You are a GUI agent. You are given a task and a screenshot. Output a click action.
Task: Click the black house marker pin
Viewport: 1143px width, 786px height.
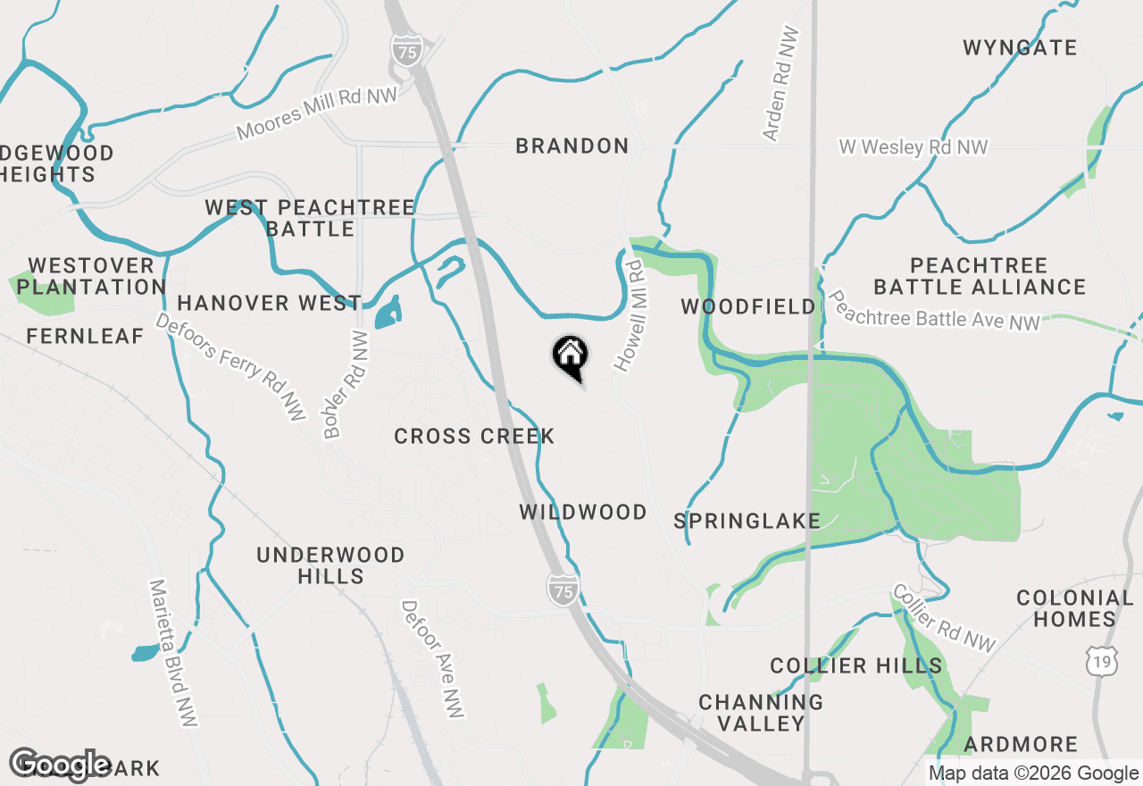(x=570, y=356)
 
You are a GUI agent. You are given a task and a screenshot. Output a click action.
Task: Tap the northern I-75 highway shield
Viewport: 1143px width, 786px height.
(x=406, y=52)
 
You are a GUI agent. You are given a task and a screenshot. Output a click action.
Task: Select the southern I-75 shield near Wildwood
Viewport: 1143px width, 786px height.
(x=563, y=589)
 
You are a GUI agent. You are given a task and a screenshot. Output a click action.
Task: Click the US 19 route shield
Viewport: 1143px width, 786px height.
(x=1101, y=662)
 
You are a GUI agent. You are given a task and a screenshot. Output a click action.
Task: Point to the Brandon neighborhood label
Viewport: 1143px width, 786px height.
(x=572, y=146)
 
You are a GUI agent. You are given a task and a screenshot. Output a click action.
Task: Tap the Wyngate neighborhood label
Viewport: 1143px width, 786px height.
(x=1020, y=47)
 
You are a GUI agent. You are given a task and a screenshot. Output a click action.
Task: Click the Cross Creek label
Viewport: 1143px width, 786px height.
(x=474, y=436)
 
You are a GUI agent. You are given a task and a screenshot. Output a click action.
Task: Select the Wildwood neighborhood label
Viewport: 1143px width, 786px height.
(x=583, y=512)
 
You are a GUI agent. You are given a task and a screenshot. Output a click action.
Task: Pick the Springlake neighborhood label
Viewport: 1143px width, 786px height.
(x=747, y=521)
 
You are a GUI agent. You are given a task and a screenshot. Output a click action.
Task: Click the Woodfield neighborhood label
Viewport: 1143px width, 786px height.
(x=748, y=306)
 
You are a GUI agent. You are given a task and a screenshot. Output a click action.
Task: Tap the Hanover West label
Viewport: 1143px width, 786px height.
(x=269, y=303)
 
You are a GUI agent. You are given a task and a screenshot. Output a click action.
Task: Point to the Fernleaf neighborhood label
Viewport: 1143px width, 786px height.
(x=85, y=336)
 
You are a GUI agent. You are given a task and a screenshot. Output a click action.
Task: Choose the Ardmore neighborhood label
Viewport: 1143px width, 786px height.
(x=1021, y=744)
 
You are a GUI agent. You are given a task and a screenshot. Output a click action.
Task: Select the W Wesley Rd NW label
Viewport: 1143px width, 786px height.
(x=913, y=146)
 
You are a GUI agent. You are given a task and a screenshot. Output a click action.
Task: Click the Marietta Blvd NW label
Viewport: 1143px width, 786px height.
(x=173, y=652)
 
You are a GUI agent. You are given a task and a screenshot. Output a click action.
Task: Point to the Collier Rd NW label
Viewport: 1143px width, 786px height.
(x=944, y=618)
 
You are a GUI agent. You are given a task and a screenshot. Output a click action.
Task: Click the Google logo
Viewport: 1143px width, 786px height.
(x=61, y=764)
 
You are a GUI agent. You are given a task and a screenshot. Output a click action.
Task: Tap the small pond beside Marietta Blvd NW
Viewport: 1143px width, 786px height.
(x=145, y=653)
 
